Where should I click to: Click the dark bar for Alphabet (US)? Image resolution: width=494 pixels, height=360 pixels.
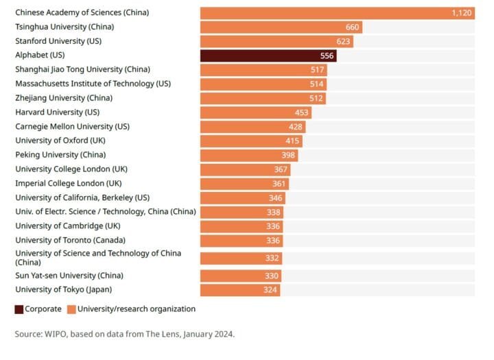point(268,56)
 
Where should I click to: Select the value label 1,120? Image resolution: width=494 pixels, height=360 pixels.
point(461,13)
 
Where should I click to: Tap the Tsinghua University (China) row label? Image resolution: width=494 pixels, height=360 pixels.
point(64,27)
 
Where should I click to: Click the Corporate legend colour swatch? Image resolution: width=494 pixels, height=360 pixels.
point(19,309)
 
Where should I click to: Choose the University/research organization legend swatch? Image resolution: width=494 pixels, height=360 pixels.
point(71,309)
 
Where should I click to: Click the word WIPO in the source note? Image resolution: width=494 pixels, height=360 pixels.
point(58,334)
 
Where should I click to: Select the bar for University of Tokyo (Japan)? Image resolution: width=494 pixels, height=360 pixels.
point(239,290)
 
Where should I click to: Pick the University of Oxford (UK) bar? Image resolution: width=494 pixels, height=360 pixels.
point(250,141)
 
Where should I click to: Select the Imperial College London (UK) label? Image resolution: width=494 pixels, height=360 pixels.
point(68,183)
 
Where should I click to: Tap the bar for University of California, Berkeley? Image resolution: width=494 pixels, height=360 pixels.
point(242,197)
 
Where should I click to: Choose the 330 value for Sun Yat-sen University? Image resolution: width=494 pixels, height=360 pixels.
point(272,276)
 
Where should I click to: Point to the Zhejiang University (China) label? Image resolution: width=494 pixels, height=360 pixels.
point(63,98)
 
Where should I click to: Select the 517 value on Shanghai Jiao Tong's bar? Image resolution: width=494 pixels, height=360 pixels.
point(318,70)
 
